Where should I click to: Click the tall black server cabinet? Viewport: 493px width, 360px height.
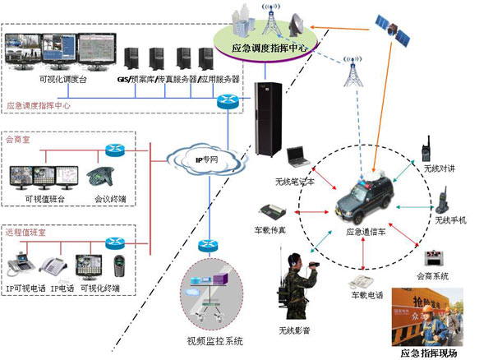266,124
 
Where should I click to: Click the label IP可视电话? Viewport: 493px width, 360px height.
27,288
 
